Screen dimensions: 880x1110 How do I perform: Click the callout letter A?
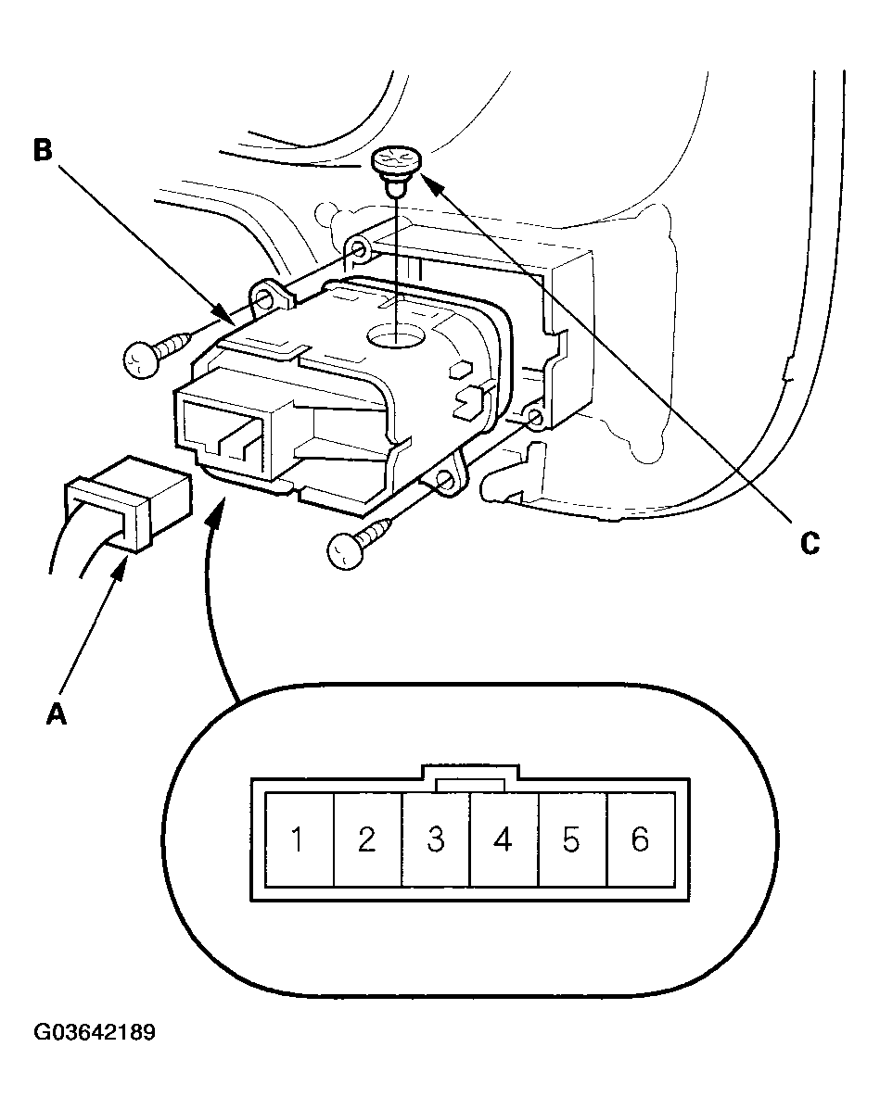pos(56,713)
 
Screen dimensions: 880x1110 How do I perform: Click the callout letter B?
pos(44,150)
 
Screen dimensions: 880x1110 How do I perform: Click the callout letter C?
pos(810,544)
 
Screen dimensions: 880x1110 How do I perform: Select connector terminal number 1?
pos(299,839)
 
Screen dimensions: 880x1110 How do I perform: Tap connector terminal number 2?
pos(367,839)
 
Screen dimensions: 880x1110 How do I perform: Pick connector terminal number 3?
pos(435,839)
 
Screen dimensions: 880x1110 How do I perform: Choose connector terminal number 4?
pos(504,839)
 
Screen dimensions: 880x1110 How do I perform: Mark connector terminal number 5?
pos(572,839)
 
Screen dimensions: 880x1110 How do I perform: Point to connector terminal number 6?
pos(641,839)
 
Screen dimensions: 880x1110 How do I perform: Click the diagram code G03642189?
pos(95,1032)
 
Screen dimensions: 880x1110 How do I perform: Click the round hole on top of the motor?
pos(398,336)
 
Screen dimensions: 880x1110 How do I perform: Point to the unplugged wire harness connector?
pos(128,501)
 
